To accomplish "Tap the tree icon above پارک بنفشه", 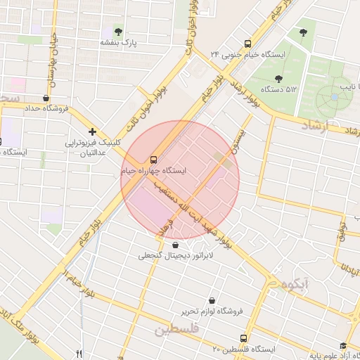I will click(117, 32).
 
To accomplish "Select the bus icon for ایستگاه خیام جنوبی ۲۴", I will click(247, 43).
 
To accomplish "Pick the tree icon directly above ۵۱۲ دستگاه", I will click(278, 78).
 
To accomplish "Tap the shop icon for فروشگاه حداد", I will click(46, 98).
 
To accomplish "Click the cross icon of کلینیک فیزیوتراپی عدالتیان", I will click(92, 131).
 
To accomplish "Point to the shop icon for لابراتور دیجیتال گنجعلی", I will click(174, 245).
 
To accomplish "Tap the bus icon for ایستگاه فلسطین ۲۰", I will click(244, 338).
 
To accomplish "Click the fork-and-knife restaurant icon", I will click(79, 354).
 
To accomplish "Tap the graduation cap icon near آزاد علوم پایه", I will click(343, 346).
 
